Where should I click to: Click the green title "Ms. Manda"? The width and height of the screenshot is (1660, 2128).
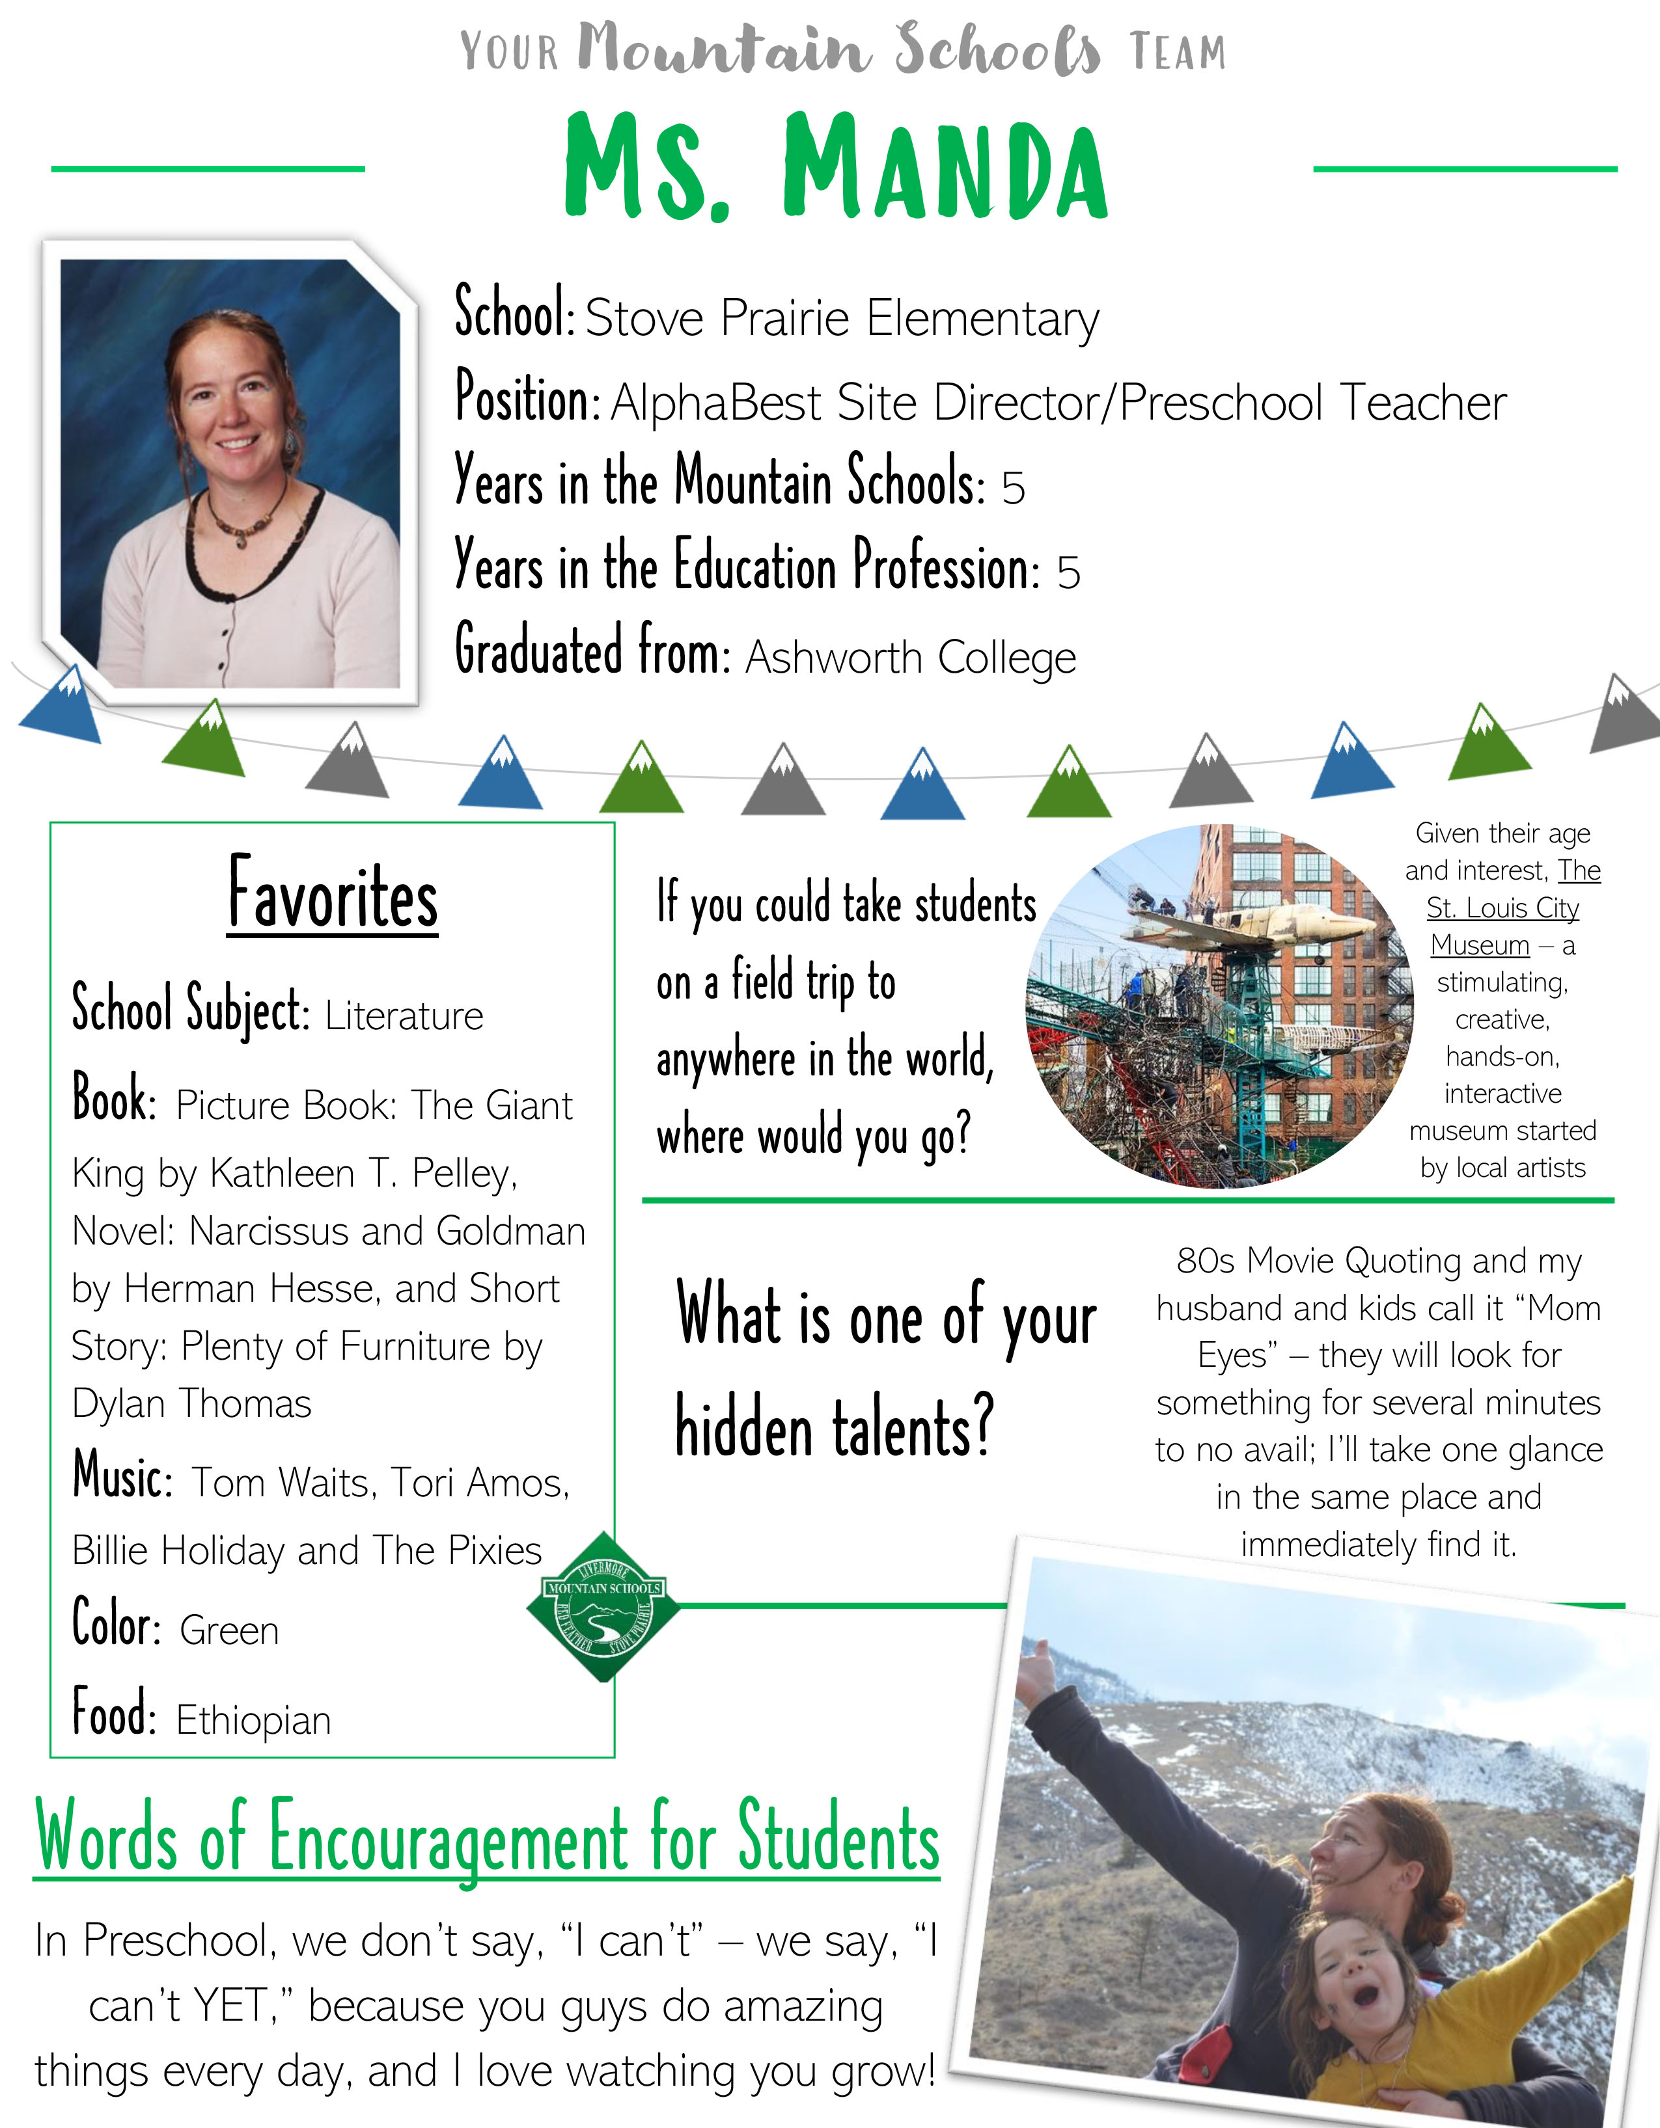[837, 167]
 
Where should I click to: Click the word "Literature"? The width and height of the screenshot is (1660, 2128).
[404, 1016]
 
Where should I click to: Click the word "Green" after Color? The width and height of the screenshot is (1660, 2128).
[230, 1631]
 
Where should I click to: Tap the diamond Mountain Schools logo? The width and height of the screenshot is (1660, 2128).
[604, 1607]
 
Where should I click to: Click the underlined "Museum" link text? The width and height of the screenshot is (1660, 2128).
[1480, 945]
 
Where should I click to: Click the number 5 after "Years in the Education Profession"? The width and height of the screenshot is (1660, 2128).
[1070, 573]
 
